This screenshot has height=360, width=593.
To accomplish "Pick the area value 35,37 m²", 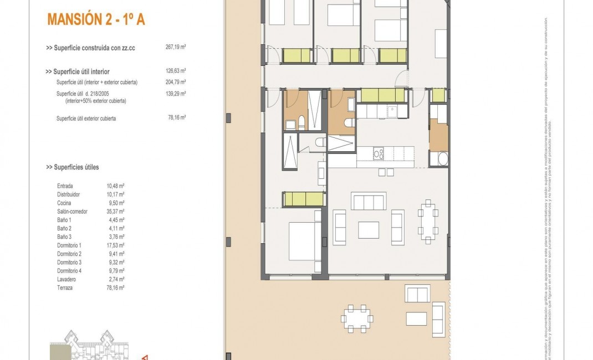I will [115, 211].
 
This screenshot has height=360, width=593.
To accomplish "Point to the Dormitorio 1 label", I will [69, 245].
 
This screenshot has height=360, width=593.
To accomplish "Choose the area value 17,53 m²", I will [115, 245].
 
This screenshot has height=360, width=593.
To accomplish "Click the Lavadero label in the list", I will [67, 280].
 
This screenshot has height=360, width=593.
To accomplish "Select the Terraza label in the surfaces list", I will [66, 288].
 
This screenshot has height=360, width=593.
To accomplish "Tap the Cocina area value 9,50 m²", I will [114, 203].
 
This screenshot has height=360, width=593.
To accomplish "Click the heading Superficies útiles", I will [73, 167].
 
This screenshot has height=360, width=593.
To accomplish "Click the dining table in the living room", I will [427, 220].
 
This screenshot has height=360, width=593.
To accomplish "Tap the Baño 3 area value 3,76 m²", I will [114, 236].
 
